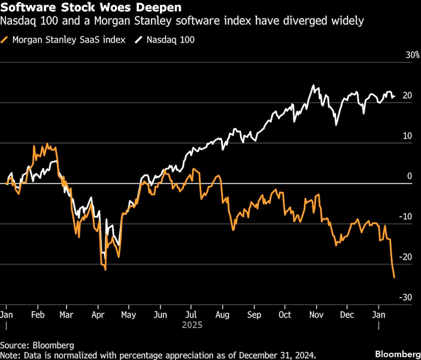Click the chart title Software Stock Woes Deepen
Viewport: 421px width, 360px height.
91,8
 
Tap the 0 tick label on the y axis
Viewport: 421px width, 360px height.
409,176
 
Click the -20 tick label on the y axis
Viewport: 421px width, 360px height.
405,257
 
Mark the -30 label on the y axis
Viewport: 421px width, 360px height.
405,298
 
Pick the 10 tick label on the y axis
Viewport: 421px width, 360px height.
407,136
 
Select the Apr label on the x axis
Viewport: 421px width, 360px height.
98,315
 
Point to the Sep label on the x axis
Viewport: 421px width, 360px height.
254,315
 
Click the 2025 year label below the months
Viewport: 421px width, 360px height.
192,325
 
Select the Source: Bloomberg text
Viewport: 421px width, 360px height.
37,345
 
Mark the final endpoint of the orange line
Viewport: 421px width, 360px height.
394,277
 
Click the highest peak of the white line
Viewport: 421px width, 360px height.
313,85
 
